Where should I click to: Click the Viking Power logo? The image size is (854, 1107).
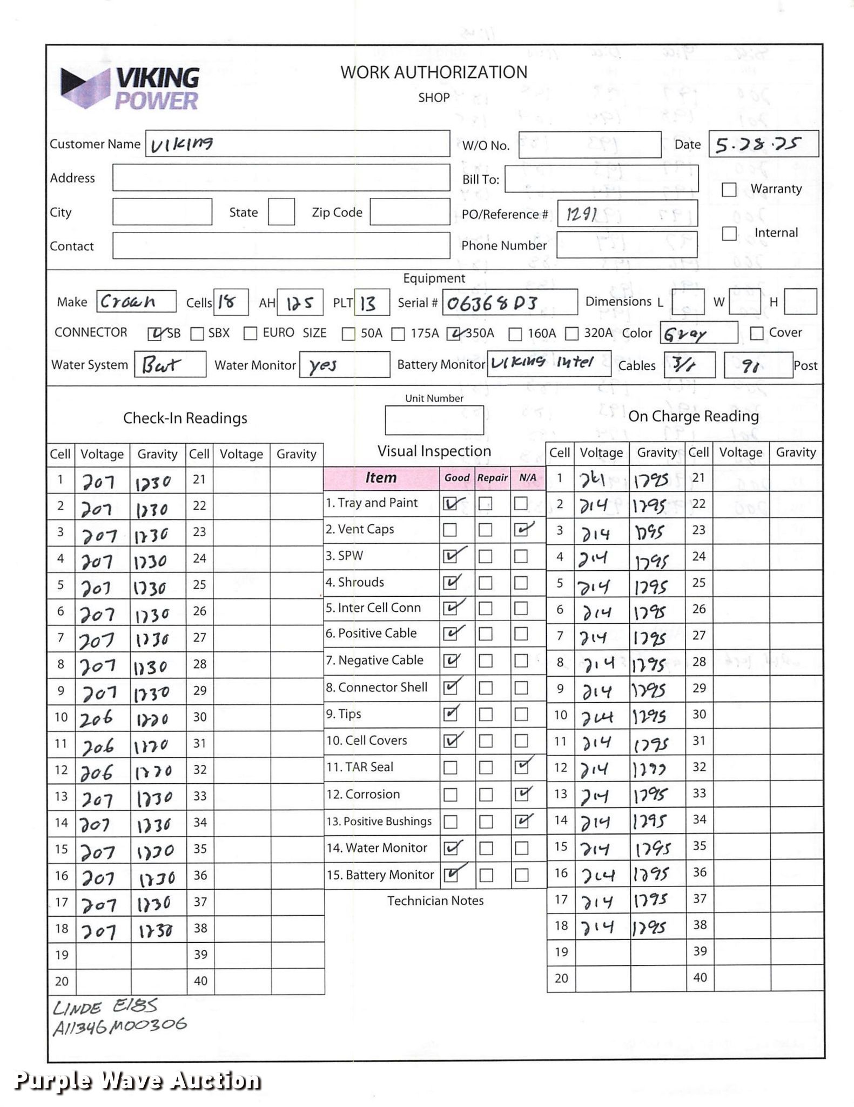click(x=130, y=89)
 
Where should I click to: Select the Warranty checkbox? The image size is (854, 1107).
click(x=729, y=190)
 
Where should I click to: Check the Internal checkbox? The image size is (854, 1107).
click(x=729, y=234)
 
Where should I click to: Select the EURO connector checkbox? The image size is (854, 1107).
click(x=250, y=334)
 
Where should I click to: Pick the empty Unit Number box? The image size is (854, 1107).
click(x=434, y=421)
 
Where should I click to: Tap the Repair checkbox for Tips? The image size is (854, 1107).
click(x=486, y=715)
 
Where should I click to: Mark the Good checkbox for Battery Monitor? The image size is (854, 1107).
click(x=450, y=875)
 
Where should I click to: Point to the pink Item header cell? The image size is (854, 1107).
click(x=381, y=478)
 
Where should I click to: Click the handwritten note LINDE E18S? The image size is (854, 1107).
click(x=105, y=1007)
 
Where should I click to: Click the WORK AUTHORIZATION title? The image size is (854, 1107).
click(x=434, y=72)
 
